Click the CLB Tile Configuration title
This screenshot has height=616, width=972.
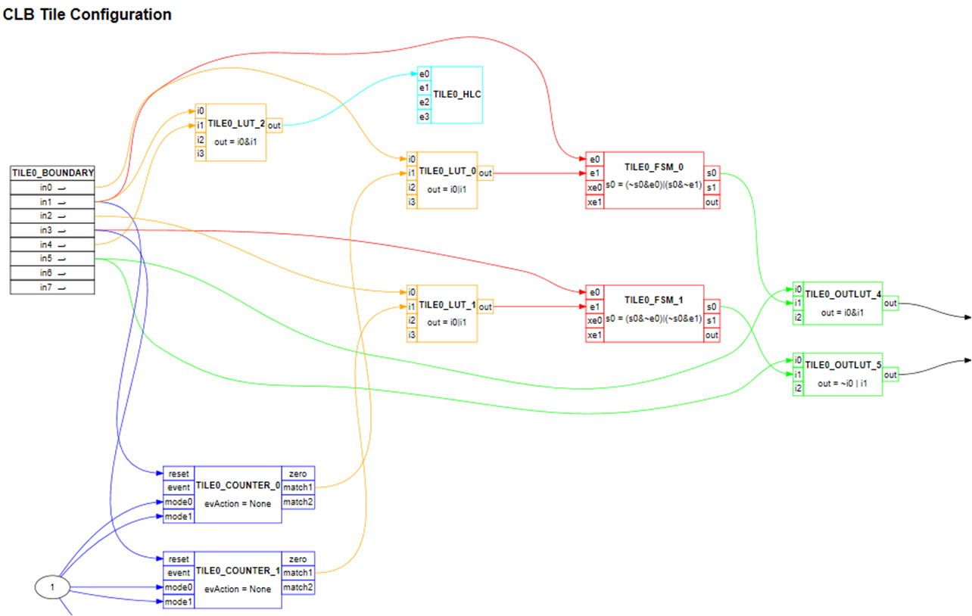coord(87,14)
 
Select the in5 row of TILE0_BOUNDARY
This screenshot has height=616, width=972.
coord(52,259)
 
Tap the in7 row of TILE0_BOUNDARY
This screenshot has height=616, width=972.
coord(52,288)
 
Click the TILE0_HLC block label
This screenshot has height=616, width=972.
coord(457,95)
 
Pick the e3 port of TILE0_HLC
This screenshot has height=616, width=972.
coord(424,117)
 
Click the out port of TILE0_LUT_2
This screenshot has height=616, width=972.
coord(275,125)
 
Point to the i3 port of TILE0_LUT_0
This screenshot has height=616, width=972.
coord(412,202)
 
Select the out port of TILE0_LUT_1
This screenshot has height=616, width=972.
coord(485,307)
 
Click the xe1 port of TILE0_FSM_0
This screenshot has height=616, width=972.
coord(595,202)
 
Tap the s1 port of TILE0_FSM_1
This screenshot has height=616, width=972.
coord(712,321)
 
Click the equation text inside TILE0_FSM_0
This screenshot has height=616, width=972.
coord(653,185)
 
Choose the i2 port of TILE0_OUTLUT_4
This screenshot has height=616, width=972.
coord(797,318)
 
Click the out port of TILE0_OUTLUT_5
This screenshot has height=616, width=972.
coord(891,375)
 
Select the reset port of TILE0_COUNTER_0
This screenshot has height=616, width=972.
coord(179,474)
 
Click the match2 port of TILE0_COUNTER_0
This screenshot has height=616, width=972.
coord(298,502)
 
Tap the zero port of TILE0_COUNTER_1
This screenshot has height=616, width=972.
coord(298,559)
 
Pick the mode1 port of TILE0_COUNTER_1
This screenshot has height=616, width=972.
coord(179,602)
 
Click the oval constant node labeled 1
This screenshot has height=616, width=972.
coord(52,587)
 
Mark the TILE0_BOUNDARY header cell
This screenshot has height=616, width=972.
coord(52,173)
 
